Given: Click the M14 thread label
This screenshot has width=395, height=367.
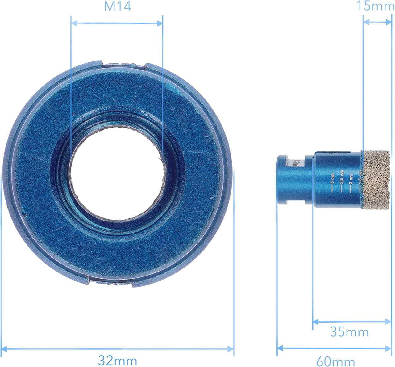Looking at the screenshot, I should point(117,7).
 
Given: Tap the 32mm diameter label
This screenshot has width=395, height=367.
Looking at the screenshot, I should point(118,360).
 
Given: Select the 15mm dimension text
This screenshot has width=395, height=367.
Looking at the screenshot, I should point(375,6).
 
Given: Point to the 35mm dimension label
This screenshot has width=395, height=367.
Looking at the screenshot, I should point(349,332).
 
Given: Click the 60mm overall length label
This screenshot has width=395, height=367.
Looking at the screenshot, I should point(335,361).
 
